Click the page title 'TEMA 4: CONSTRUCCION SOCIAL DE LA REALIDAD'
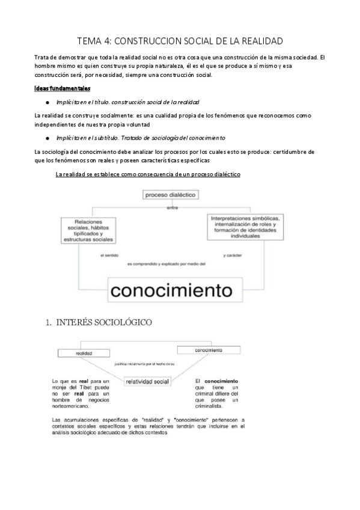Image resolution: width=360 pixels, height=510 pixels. pyautogui.click(x=180, y=41)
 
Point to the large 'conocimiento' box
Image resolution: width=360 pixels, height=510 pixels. pyautogui.click(x=171, y=290)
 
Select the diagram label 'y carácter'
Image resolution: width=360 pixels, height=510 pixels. pyautogui.click(x=231, y=255)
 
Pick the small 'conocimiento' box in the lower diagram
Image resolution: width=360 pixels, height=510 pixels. pyautogui.click(x=205, y=350)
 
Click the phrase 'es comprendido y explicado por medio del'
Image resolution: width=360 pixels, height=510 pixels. pyautogui.click(x=166, y=263)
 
